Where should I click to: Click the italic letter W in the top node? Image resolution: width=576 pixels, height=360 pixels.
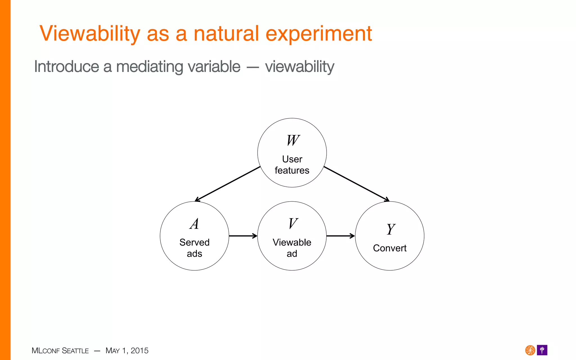point(293,140)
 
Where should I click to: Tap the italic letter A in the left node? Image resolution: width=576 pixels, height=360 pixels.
point(194,224)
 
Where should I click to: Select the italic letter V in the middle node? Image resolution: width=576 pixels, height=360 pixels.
point(293,224)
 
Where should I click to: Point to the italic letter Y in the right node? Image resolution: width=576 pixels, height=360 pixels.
point(390,229)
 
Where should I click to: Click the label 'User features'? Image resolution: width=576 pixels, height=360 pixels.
point(292,165)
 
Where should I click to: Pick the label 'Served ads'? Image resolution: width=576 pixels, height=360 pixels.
point(194,248)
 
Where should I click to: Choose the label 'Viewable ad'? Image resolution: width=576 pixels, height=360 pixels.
point(292,248)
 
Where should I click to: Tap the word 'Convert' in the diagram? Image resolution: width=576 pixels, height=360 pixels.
point(390,248)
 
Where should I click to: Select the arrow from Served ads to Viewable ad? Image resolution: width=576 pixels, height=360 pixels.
point(243,236)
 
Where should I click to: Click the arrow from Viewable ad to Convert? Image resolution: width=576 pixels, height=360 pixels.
point(341,236)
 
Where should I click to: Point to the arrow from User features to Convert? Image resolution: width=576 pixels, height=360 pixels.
point(356,184)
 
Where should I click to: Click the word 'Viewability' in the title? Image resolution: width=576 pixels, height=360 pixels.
point(90,34)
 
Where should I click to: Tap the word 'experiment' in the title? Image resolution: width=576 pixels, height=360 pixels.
point(319,34)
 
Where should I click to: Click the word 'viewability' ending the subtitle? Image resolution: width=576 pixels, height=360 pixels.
point(300,67)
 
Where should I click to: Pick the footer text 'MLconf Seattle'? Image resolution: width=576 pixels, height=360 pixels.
point(60,351)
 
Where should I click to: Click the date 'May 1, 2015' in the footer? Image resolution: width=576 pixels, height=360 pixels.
point(127,351)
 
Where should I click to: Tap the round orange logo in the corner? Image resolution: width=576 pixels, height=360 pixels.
point(530,350)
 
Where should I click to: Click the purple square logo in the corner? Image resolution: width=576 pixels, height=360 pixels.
point(542,350)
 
